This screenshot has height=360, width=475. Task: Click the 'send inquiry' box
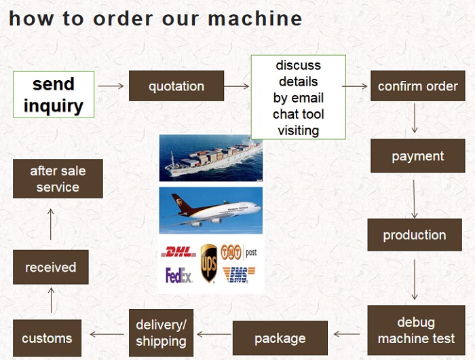click(x=54, y=94)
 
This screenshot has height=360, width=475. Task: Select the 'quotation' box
click(x=176, y=86)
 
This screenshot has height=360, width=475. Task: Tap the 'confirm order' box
click(x=418, y=86)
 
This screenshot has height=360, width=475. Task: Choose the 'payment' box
click(x=418, y=156)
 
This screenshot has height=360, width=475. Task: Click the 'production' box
click(x=415, y=235)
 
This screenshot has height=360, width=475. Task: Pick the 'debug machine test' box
click(x=416, y=330)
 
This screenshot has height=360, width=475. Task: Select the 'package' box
click(x=280, y=338)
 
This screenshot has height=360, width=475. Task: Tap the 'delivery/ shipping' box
click(x=161, y=333)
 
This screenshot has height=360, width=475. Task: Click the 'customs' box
click(x=47, y=338)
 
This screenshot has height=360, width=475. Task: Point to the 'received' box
click(x=51, y=267)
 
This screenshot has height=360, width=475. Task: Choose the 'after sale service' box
click(x=58, y=179)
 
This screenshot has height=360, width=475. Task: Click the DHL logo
click(x=178, y=252)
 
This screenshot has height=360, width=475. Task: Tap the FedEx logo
click(x=178, y=275)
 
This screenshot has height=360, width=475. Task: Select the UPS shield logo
click(x=209, y=263)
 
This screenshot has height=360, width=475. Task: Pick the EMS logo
click(x=239, y=275)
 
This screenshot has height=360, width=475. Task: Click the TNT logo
click(x=231, y=252)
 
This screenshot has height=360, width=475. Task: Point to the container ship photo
click(x=211, y=158)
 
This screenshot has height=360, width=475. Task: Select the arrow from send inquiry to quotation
click(x=111, y=86)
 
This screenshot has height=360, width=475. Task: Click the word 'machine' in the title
click(x=255, y=18)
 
